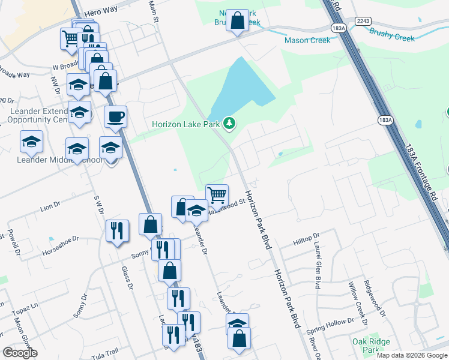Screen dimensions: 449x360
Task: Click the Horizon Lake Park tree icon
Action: pyautogui.click(x=228, y=124)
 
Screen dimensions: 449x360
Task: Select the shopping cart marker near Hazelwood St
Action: pyautogui.click(x=217, y=194)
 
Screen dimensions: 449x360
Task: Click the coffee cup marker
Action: pyautogui.click(x=115, y=116)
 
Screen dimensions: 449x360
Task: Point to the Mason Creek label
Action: pyautogui.click(x=304, y=41)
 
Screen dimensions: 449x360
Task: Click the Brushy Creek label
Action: pyautogui.click(x=391, y=36)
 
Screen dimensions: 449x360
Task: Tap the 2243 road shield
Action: pyautogui.click(x=363, y=20)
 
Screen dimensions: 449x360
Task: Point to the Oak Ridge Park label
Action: pyautogui.click(x=368, y=346)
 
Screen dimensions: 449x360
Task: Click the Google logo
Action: pyautogui.click(x=20, y=353)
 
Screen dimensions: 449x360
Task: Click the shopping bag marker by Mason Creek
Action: pyautogui.click(x=238, y=20)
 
